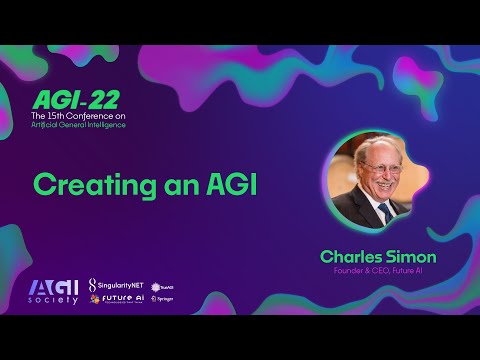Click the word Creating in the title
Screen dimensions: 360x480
click(83, 185)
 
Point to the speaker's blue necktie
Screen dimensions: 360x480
click(381, 212)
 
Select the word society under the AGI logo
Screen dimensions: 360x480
click(53, 301)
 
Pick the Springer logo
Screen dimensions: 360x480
click(162, 298)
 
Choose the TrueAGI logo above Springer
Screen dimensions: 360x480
click(162, 286)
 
